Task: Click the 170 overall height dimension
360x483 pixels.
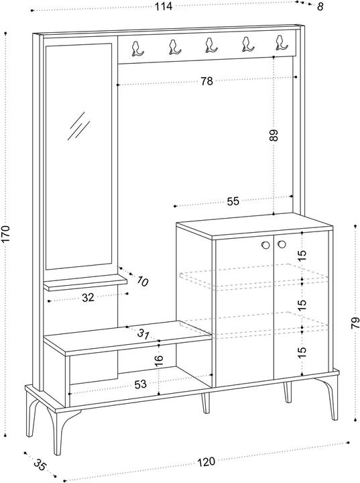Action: [x=6, y=234]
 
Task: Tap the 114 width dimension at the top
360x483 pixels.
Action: [x=163, y=6]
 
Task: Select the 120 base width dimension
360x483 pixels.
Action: [x=206, y=462]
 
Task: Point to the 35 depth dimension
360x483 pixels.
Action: [x=40, y=465]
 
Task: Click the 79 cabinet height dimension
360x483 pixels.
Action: [x=355, y=323]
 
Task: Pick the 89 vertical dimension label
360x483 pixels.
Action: [x=274, y=135]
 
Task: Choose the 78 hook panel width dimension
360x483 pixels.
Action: [x=206, y=81]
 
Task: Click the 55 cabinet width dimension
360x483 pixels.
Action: [x=233, y=201]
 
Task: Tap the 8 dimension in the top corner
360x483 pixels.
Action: [x=320, y=7]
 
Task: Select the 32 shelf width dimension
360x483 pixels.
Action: [x=88, y=298]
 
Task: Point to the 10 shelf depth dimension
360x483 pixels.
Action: [x=142, y=281]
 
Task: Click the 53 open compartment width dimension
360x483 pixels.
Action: [x=140, y=384]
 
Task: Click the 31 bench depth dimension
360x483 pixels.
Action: [x=143, y=334]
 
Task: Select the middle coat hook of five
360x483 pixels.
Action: [x=211, y=46]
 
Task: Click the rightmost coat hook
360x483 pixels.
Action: [x=281, y=43]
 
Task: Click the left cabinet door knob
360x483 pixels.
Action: [x=265, y=246]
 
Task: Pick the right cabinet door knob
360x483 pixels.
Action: [x=281, y=245]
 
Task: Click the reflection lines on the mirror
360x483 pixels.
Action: [x=79, y=126]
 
